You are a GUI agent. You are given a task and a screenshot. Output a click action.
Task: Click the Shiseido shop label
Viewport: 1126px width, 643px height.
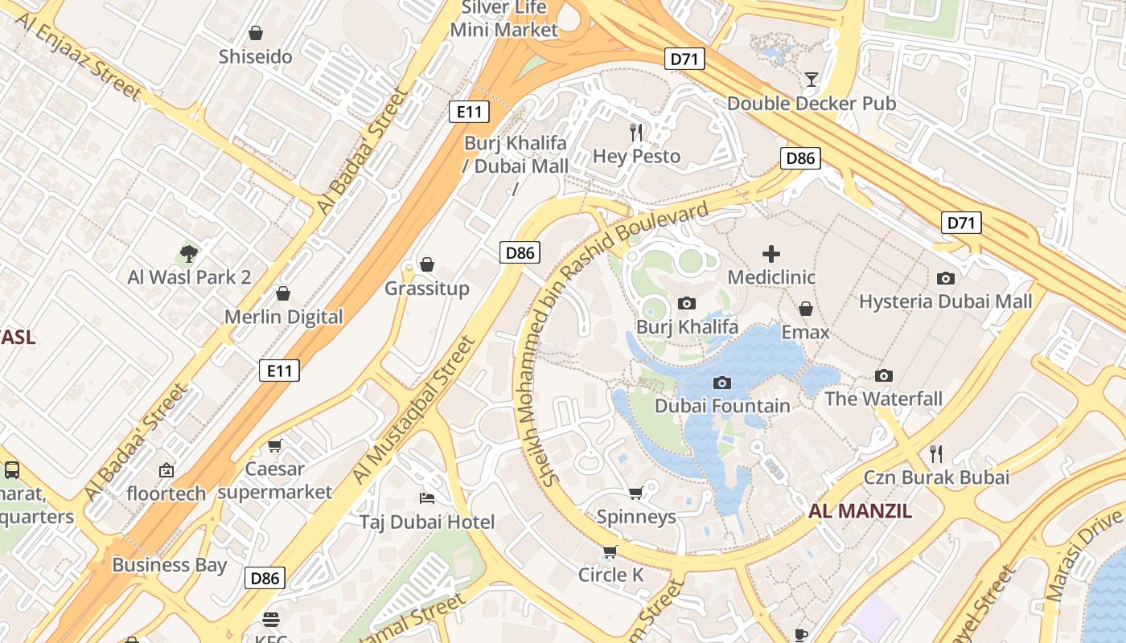point(256,57)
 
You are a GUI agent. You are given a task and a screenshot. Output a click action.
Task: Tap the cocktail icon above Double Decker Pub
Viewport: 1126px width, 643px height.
point(812,79)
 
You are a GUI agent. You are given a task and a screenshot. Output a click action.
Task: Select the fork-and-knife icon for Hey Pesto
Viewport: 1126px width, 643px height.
point(637,132)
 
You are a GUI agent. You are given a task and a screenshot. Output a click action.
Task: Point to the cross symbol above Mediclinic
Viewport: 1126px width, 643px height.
point(771,254)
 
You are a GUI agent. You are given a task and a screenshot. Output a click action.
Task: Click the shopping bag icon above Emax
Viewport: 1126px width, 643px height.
point(805,309)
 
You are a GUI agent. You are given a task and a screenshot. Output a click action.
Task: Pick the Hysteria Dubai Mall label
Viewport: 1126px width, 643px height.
point(945,301)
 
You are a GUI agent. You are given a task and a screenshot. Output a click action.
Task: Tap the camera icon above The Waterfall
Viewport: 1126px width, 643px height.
point(883,375)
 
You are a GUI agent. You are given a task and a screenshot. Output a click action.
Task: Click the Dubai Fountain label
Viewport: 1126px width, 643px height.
point(722,406)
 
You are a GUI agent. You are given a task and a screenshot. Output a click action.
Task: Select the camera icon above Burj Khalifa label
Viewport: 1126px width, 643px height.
point(687,303)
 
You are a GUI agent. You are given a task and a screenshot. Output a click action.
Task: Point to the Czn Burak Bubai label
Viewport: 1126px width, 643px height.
point(936,477)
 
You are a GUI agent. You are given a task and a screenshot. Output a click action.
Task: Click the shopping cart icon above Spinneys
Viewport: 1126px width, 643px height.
point(635,493)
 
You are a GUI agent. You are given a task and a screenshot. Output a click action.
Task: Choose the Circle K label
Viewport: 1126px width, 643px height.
point(611,575)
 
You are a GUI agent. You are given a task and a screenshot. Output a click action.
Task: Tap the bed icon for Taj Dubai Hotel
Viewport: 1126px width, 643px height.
point(427,498)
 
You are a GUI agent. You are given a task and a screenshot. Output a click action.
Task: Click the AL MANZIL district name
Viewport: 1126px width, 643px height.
point(860,510)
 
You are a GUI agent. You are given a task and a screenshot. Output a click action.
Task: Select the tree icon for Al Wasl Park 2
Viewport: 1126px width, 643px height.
point(189,254)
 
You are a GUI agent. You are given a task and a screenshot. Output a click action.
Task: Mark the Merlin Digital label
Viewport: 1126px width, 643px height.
point(283,317)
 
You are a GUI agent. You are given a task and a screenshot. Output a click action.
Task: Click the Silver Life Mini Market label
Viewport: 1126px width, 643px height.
point(503,18)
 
